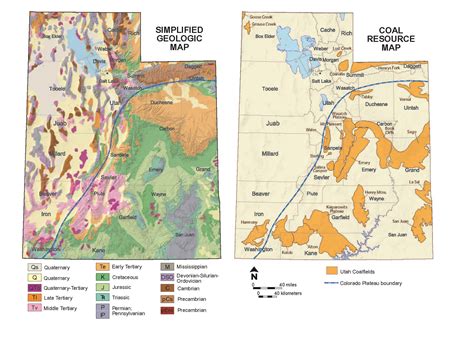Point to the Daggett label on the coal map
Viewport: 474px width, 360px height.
412,66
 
